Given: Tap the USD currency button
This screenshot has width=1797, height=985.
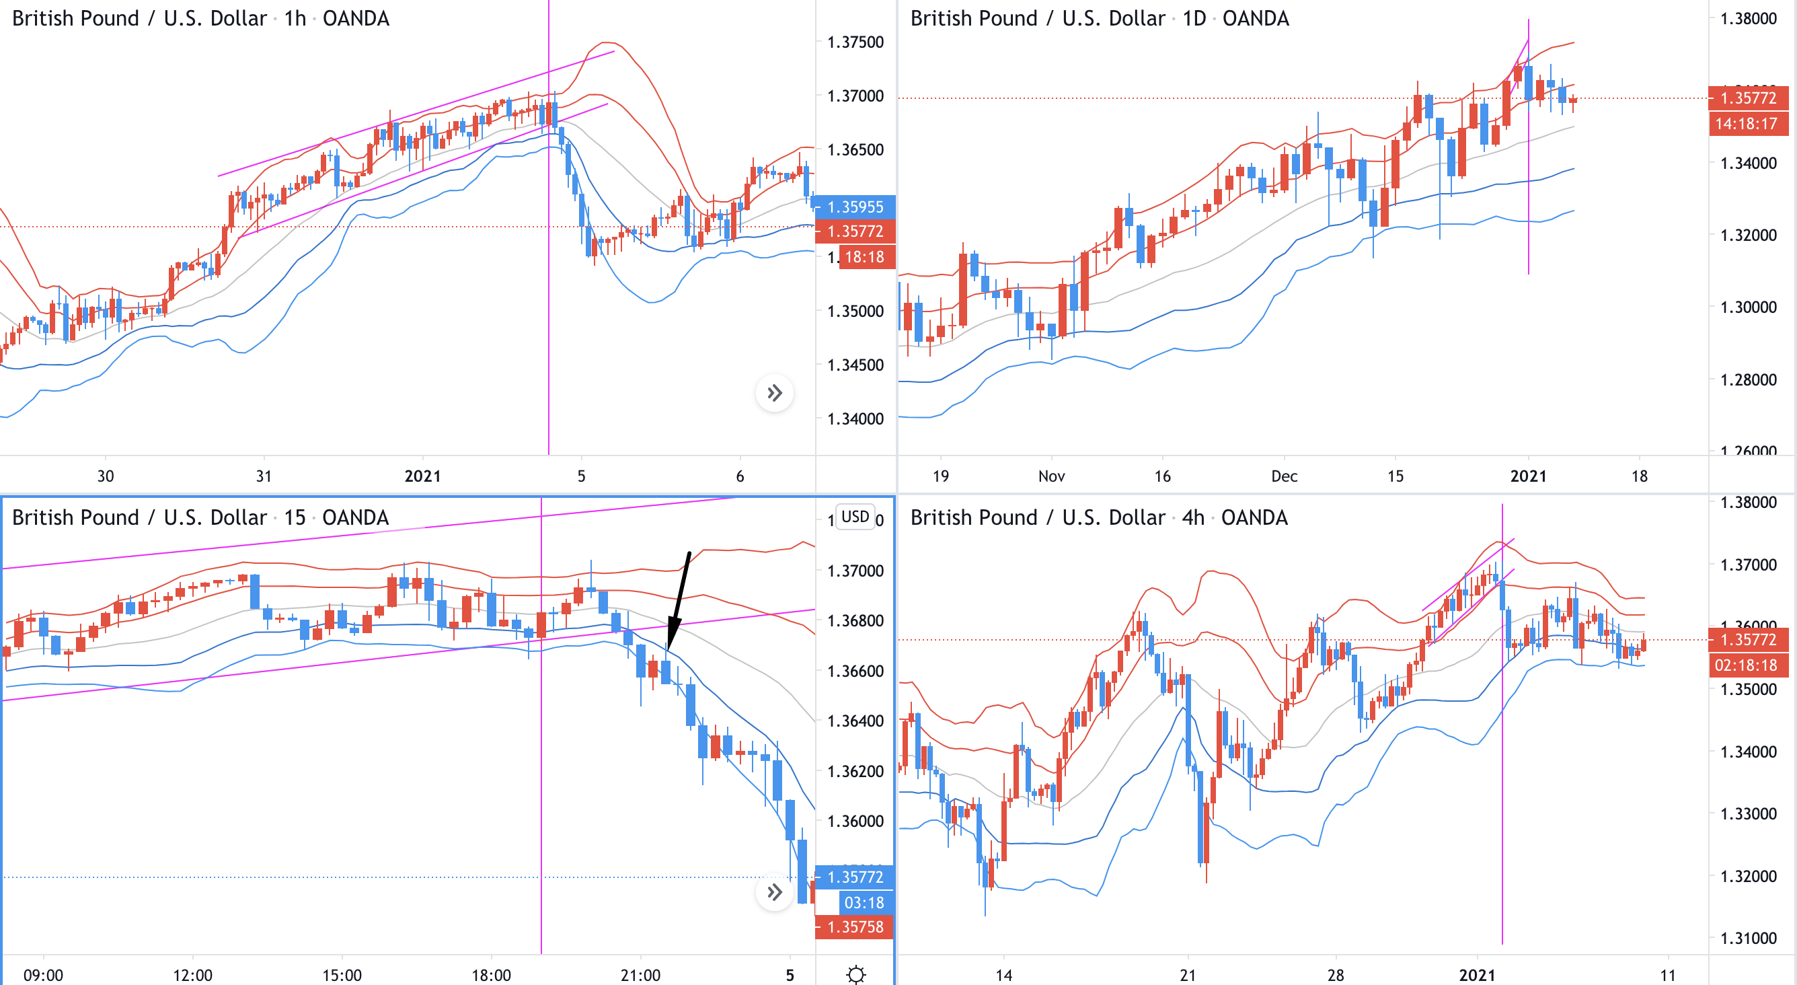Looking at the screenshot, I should tap(855, 517).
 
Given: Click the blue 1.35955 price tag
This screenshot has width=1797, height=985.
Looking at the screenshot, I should tap(855, 207).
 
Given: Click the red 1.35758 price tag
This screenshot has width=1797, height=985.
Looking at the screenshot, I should tap(855, 927).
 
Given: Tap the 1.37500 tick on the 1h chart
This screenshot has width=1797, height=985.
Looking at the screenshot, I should tap(855, 42).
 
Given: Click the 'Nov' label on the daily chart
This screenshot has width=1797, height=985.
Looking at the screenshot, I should tap(1051, 476).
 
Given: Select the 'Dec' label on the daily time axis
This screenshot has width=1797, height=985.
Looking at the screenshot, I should tap(1285, 476).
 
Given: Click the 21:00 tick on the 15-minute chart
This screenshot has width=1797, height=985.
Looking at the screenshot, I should tap(640, 975).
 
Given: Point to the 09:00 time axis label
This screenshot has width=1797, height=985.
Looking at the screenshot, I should tap(43, 975).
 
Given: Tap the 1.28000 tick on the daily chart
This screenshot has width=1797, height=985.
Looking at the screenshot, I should tap(1748, 379).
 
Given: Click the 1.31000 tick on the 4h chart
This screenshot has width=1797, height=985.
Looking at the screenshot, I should tap(1748, 938).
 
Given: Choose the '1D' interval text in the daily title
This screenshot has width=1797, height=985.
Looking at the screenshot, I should tap(1194, 19).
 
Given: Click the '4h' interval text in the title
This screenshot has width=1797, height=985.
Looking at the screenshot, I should tap(1193, 518).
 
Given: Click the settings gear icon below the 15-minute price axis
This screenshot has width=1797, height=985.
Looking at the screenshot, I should tap(856, 974).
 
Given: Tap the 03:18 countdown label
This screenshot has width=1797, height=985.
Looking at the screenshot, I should tap(864, 903).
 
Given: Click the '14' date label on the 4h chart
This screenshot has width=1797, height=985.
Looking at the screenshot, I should tap(1003, 975).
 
